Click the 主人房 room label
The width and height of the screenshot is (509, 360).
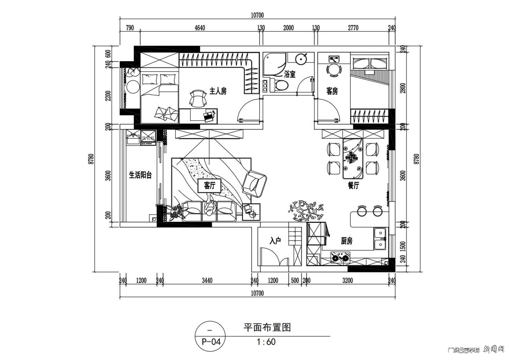tap(218, 91)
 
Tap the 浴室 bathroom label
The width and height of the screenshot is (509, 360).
tap(290, 73)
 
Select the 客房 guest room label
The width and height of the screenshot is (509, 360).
tap(332, 91)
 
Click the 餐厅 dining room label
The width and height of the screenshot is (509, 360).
tap(353, 186)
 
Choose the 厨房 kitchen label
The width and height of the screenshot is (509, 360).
tap(347, 241)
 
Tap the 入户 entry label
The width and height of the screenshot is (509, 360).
tap(275, 241)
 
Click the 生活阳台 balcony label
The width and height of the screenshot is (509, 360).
tap(140, 175)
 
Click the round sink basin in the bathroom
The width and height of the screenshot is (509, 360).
tap(301, 59)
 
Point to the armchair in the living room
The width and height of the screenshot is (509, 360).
tap(254, 182)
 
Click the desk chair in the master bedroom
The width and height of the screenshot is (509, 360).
tap(198, 99)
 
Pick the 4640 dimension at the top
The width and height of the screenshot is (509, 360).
tap(200, 28)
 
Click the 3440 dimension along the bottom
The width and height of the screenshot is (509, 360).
tap(207, 281)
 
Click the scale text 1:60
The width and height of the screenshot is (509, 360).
tap(266, 342)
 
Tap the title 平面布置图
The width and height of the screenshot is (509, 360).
tap(267, 328)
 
